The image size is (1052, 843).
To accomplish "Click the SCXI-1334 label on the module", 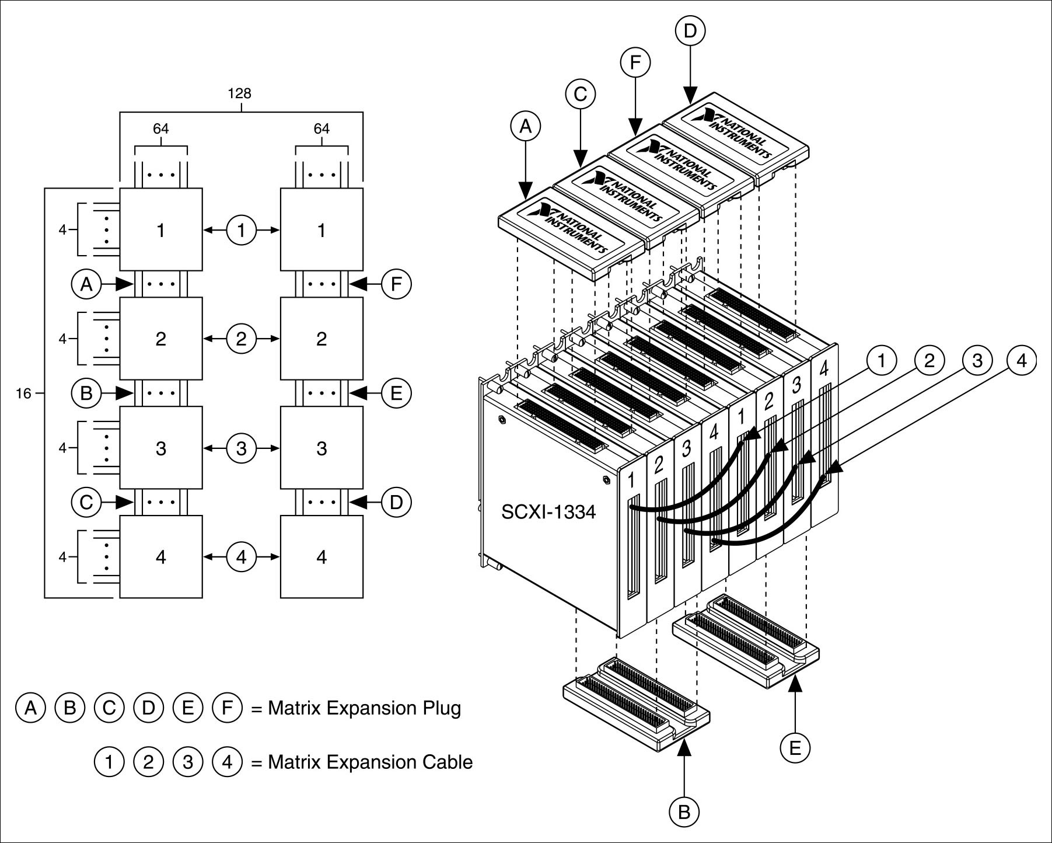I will (548, 512).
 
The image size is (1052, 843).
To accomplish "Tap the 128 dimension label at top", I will (239, 93).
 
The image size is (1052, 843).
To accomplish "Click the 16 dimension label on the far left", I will (23, 393).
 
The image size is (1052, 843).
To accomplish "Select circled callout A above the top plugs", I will (526, 126).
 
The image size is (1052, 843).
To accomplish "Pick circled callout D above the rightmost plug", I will (690, 31).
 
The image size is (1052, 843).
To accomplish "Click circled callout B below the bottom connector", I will (684, 811).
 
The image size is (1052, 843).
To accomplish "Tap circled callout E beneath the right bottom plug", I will (795, 748).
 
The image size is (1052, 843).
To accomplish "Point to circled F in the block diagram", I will (396, 284).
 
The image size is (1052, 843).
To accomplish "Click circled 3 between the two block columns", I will (242, 448).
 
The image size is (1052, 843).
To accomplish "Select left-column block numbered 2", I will (161, 339).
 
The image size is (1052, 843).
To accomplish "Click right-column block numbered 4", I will (321, 557).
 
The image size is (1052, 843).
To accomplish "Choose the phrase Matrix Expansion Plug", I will (364, 708).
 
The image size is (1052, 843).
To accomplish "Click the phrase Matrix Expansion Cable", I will (370, 762).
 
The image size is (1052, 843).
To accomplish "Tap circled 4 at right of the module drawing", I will (1021, 361).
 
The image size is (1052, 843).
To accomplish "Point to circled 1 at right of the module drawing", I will (881, 361).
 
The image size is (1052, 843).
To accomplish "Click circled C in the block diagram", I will (86, 502).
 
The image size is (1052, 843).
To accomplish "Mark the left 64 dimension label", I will (161, 128).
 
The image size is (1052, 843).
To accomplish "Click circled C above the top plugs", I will (580, 95).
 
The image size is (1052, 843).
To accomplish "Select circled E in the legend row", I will (188, 708).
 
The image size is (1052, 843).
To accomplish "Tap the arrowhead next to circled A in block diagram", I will (124, 284).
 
